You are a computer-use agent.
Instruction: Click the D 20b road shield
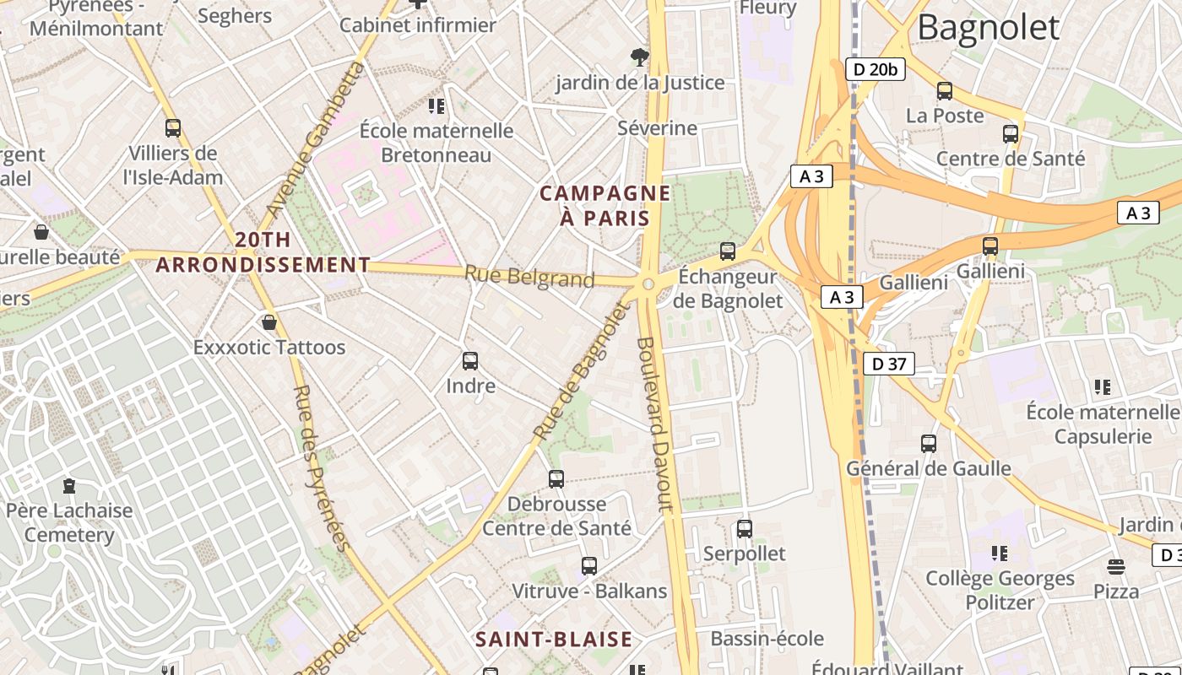875,69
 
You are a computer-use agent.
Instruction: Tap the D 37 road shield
889,364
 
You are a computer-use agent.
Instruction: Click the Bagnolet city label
988,28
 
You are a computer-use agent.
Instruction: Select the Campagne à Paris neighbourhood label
605,206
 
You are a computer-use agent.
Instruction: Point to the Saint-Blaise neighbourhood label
554,639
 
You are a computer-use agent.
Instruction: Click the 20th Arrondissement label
263,252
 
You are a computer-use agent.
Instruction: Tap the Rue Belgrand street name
529,277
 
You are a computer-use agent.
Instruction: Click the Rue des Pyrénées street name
321,467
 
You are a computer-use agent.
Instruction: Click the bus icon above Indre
470,361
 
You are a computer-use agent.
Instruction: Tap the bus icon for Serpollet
744,529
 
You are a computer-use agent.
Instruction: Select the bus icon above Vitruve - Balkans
589,566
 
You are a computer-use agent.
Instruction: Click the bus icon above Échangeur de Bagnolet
727,251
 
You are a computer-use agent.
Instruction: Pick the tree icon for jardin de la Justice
640,57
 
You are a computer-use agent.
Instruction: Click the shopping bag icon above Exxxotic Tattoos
269,322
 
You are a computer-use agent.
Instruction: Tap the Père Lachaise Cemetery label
69,522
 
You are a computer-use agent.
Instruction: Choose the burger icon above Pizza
1116,566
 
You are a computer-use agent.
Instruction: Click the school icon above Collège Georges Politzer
1000,553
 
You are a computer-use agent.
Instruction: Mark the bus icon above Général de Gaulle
929,443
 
